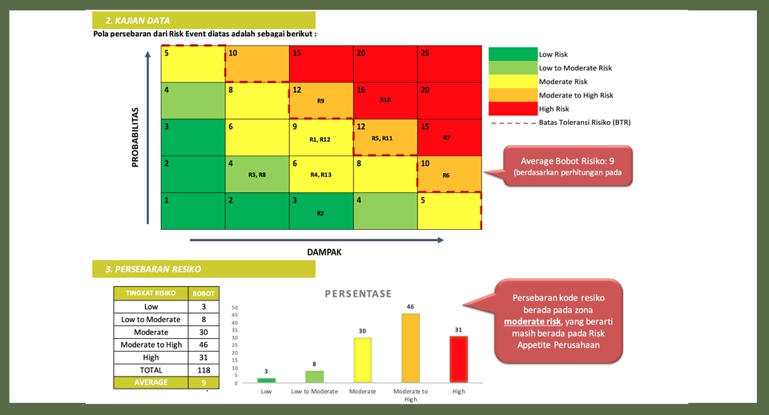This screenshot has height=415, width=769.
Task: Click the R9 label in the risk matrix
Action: (x=320, y=102)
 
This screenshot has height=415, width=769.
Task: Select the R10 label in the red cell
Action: (x=384, y=100)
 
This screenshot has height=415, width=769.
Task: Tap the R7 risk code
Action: (x=446, y=138)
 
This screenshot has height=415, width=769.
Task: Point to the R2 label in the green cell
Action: (x=320, y=214)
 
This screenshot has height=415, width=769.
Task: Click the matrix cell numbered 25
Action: (x=449, y=64)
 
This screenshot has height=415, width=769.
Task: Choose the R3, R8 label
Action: (x=257, y=175)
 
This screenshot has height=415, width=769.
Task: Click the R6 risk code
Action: (x=445, y=175)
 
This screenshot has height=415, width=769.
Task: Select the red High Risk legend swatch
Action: (x=512, y=109)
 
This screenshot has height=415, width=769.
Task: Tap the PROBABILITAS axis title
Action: (x=136, y=138)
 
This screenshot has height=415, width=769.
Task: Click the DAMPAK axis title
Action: (x=324, y=252)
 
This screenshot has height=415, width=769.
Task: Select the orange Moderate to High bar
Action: (x=410, y=348)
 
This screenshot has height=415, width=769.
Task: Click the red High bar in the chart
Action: (x=458, y=360)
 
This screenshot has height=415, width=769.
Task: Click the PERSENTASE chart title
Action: (x=358, y=293)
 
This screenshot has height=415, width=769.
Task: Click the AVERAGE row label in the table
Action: (x=151, y=383)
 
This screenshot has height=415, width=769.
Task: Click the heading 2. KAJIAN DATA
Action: (x=138, y=20)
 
